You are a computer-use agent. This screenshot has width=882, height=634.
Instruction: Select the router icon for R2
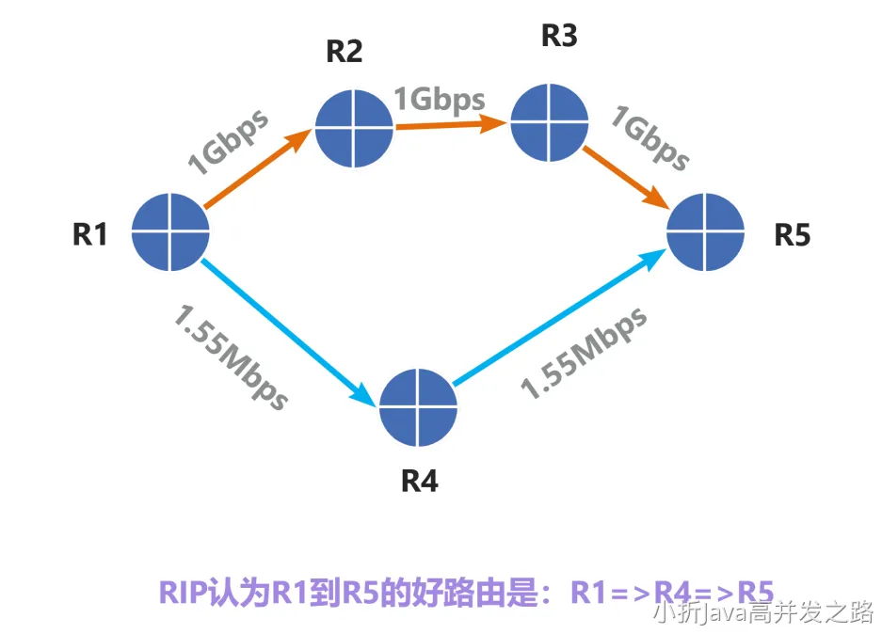[x=354, y=128]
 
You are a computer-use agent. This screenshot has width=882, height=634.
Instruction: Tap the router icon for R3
[x=549, y=122]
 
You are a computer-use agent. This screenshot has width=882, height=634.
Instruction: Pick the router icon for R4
[x=418, y=408]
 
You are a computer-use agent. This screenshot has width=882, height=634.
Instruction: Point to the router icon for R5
[x=706, y=231]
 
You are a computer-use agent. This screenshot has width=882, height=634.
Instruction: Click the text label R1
[x=90, y=234]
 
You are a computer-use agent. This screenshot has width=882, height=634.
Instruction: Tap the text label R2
[x=344, y=51]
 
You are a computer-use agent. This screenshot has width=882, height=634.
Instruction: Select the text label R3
[x=559, y=36]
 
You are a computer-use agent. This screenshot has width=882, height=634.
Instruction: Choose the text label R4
[x=420, y=481]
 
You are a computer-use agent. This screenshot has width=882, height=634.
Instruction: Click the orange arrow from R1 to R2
[x=256, y=169]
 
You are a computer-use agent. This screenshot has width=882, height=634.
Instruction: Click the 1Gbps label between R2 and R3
[x=440, y=100]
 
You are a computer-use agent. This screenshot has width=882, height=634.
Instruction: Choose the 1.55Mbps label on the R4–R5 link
[x=585, y=352]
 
